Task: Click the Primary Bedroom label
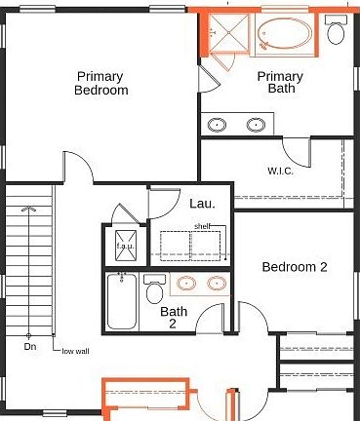pos(101,83)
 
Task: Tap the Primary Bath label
pos(280,83)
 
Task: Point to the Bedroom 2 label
pos(294,267)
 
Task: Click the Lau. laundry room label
pos(202,204)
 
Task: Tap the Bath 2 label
pos(175,319)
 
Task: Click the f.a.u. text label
pos(125,246)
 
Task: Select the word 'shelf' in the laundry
pos(202,225)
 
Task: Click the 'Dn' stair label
pos(31,346)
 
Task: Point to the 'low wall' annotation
pos(75,351)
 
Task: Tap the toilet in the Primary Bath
pos(337,32)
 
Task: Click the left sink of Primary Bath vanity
pos(217,124)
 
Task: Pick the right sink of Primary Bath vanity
pos(256,124)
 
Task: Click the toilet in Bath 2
pos(153,291)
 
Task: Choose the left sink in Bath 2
pos(188,285)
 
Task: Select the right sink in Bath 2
pos(216,285)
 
